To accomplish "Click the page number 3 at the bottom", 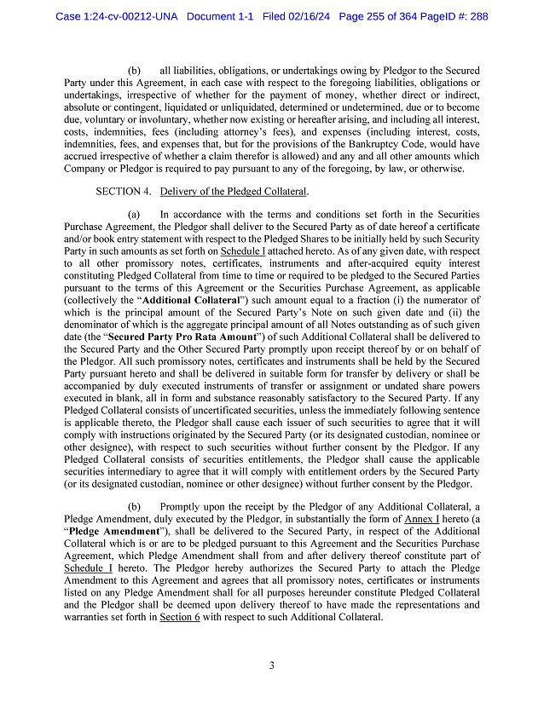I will pos(271,666).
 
